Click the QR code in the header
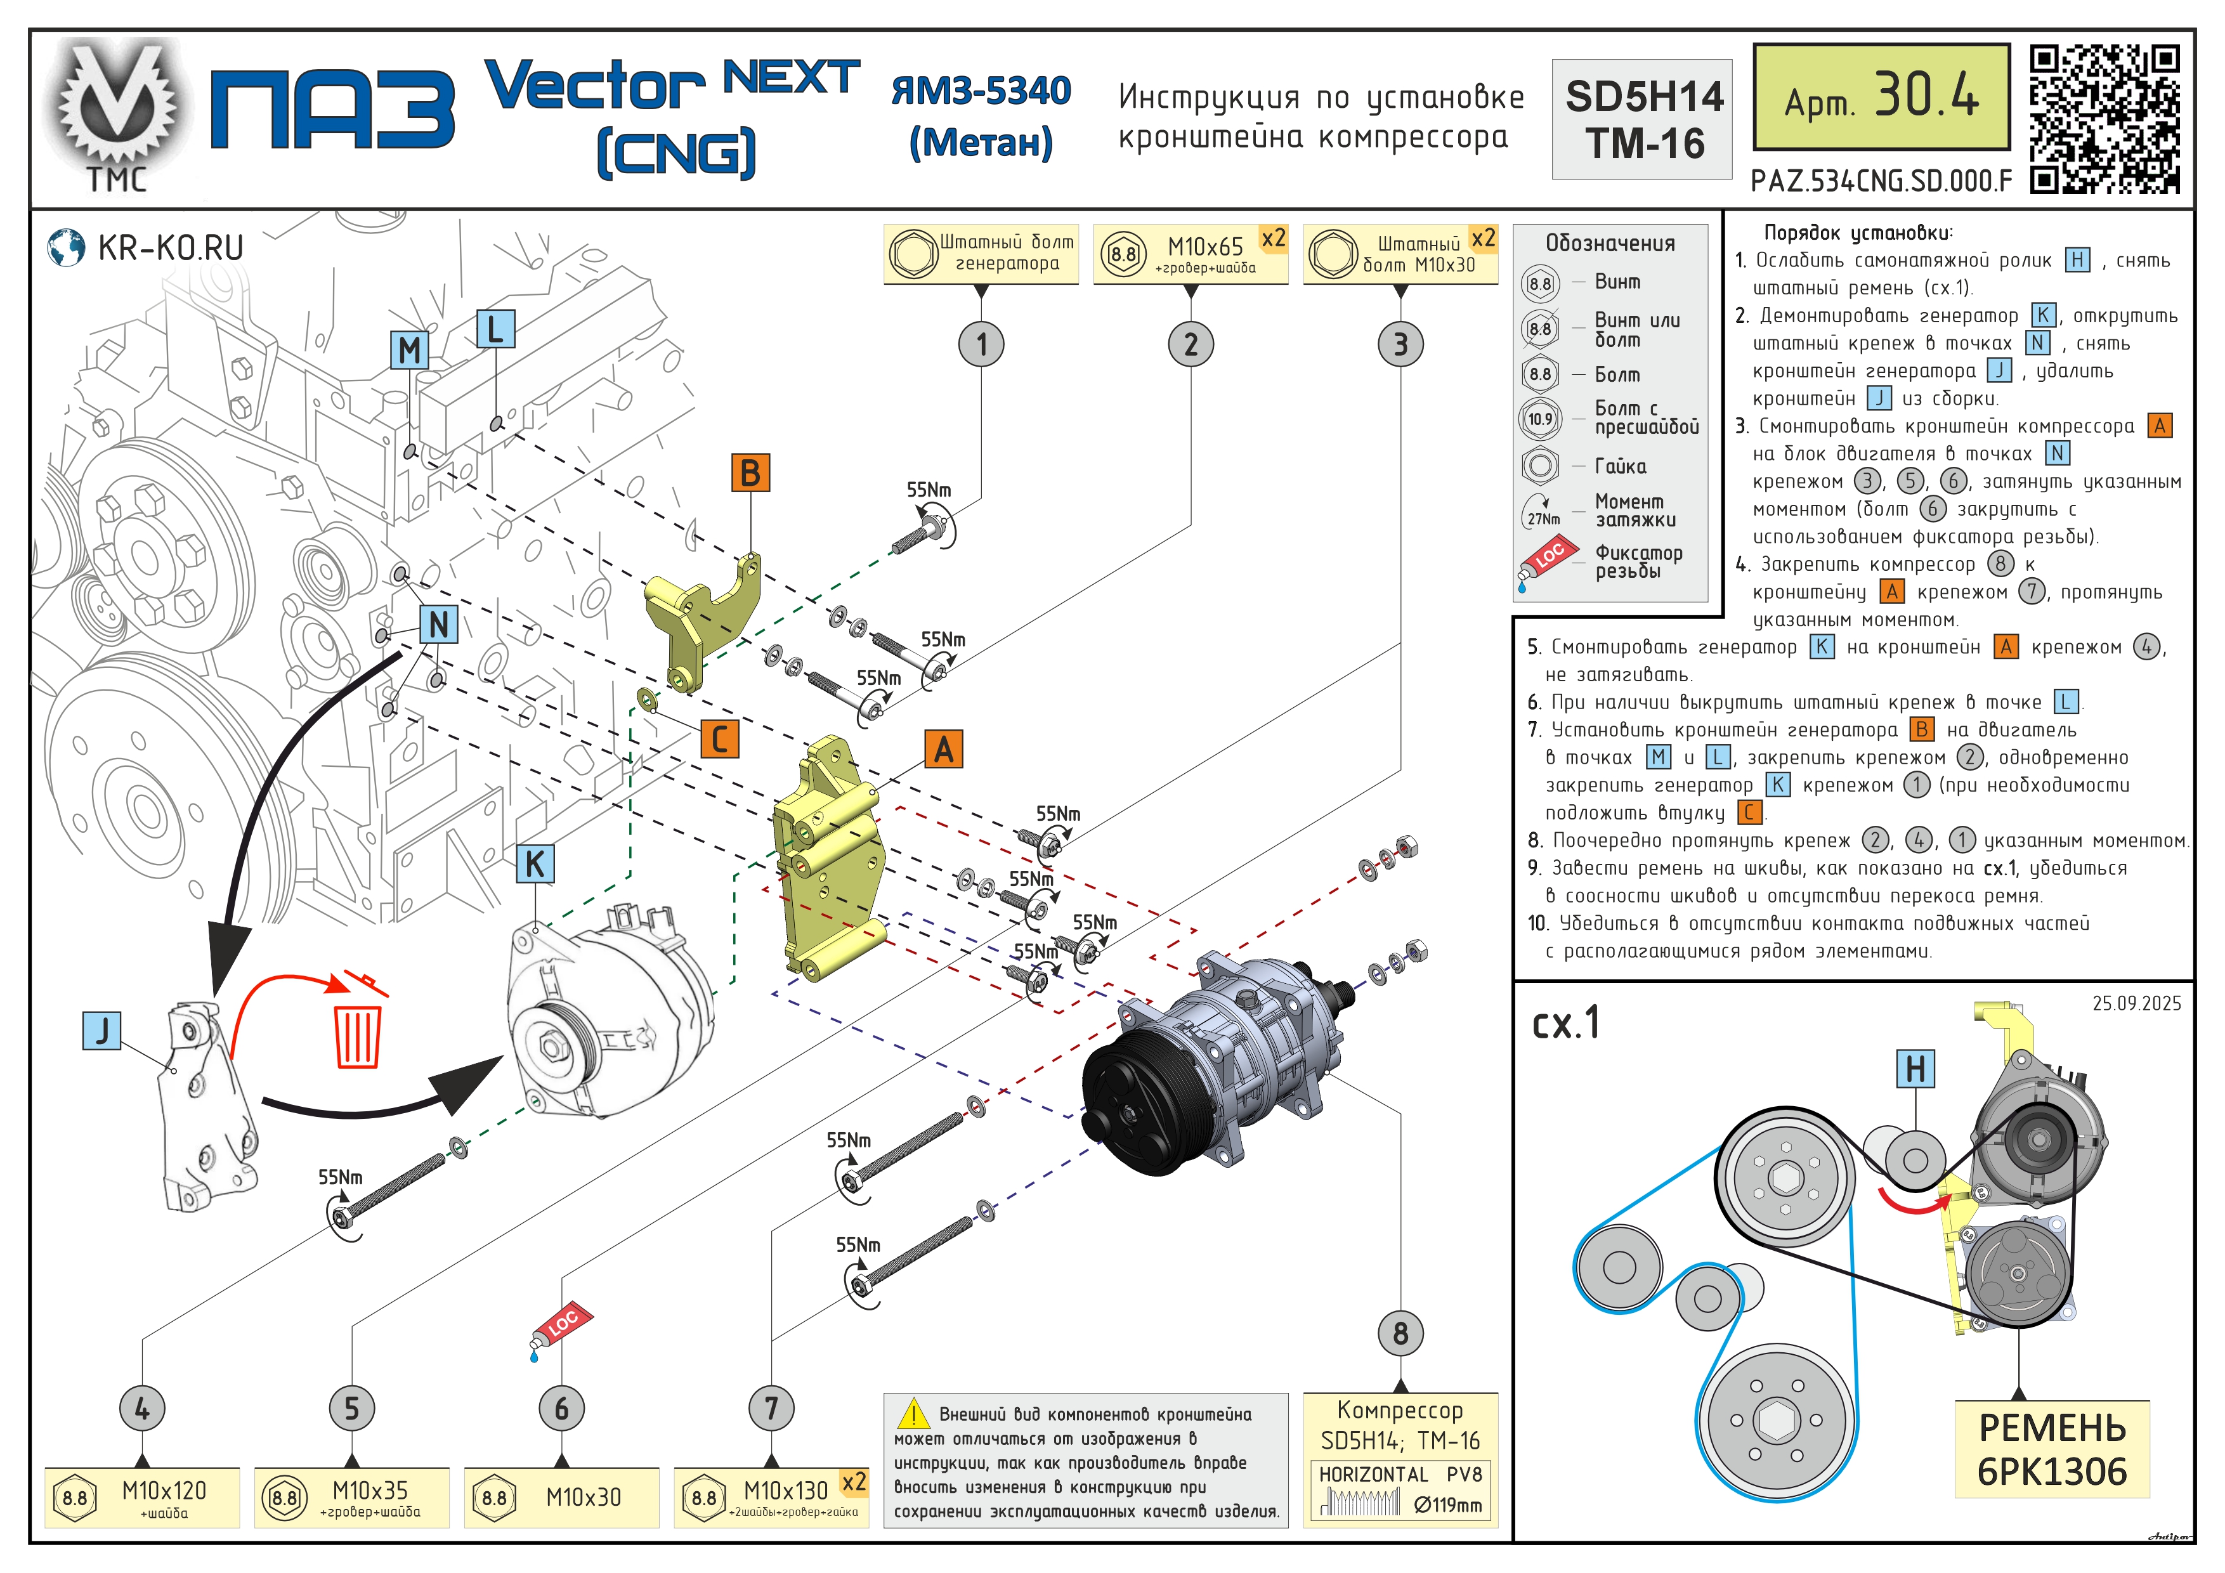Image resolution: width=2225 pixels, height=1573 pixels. click(x=2105, y=118)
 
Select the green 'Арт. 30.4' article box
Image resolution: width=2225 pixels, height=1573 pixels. click(x=1881, y=97)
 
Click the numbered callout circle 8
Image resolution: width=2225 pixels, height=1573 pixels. click(x=1400, y=1334)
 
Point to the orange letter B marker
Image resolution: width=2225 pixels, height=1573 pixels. click(x=750, y=473)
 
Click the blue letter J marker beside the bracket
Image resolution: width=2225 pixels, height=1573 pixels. click(x=101, y=1030)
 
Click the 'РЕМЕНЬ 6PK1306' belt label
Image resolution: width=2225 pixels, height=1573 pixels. click(x=2052, y=1449)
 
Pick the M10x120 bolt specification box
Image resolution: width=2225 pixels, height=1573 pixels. click(x=143, y=1498)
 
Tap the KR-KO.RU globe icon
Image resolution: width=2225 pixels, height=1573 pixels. click(x=66, y=248)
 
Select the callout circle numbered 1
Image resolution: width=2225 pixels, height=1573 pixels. click(x=982, y=344)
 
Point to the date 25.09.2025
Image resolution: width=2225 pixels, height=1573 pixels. click(x=2136, y=1004)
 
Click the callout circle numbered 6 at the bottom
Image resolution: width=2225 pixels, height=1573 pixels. click(x=561, y=1408)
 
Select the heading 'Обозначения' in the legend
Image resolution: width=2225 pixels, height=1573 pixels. click(x=1610, y=244)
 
